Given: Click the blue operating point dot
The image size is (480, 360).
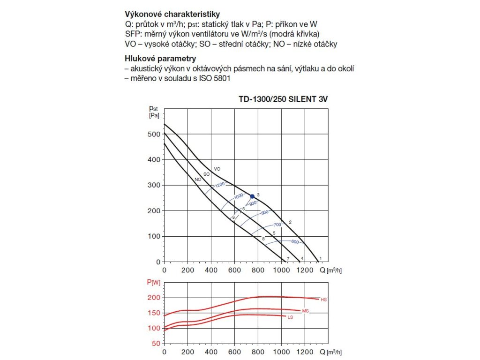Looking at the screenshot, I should click(252, 196).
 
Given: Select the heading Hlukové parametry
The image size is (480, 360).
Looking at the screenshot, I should click(160, 59).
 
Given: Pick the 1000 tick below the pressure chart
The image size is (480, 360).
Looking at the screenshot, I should click(281, 271).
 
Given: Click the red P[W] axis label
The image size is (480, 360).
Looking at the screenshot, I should click(153, 282).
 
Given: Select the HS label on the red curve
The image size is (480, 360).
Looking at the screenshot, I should click(323, 300).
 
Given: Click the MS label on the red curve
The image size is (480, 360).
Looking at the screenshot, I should click(306, 311).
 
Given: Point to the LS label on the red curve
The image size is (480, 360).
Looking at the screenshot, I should click(290, 318).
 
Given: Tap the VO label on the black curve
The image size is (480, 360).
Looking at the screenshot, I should click(217, 169).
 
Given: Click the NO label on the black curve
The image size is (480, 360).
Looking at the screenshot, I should click(198, 179).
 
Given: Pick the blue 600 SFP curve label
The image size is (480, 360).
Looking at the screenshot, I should click(294, 242).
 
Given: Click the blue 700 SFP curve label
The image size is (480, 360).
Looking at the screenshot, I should click(277, 225).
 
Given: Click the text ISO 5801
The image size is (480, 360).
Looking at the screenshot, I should click(215, 79).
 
